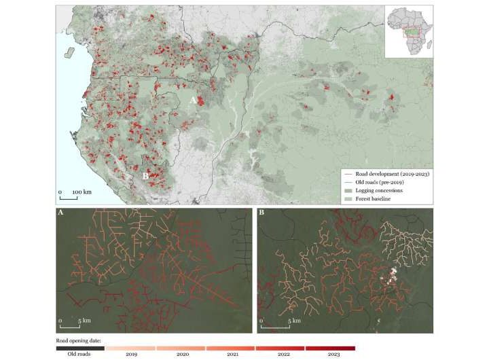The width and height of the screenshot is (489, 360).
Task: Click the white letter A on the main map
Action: (192, 99)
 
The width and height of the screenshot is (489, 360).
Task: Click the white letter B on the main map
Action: (145, 176)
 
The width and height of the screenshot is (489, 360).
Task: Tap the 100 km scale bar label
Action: (81, 192)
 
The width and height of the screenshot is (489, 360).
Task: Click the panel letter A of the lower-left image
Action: (62, 213)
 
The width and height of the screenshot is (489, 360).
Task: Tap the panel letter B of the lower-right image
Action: (264, 213)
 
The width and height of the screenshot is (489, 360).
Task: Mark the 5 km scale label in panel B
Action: (292, 320)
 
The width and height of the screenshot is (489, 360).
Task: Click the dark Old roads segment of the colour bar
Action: (80, 347)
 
